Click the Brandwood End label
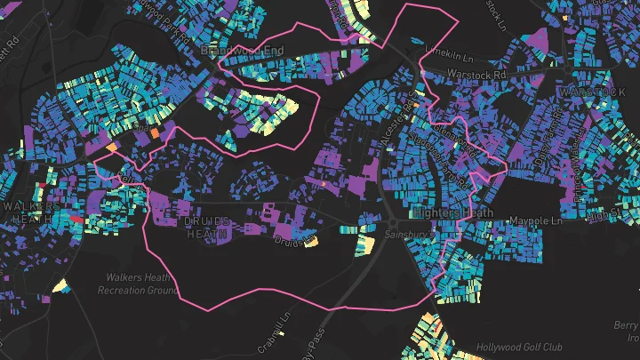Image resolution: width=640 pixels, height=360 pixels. pos(242,51)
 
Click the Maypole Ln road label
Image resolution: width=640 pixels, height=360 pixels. pos(538,220)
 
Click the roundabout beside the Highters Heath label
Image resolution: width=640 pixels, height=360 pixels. pos(394,220)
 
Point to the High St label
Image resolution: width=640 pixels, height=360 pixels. pos(612,213)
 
